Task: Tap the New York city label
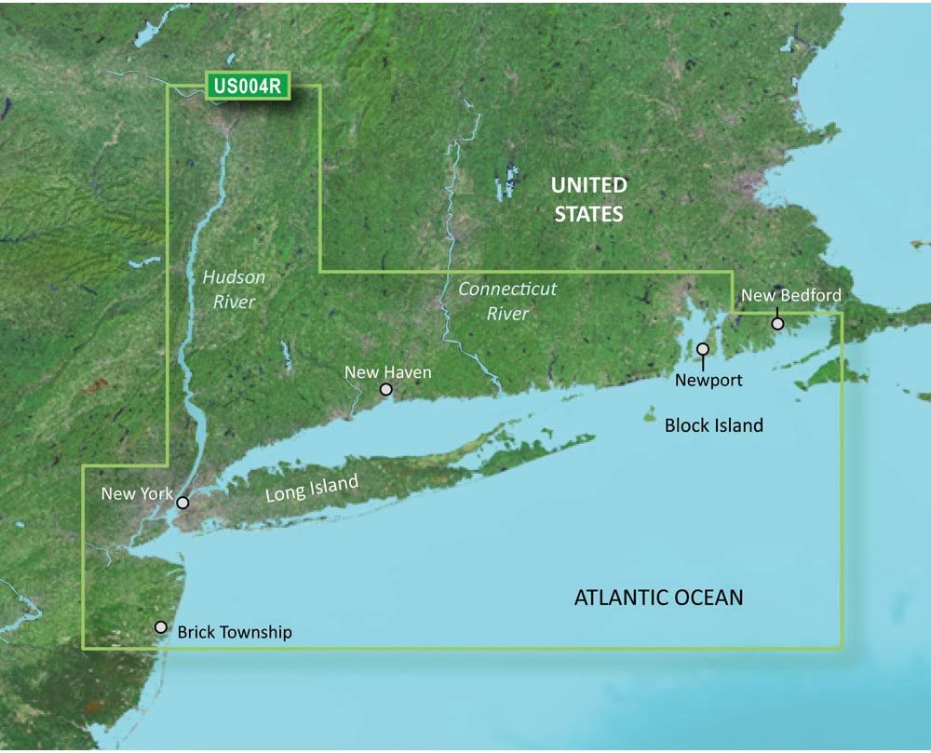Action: (x=137, y=493)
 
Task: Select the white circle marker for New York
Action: (x=183, y=503)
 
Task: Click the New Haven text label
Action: (x=388, y=372)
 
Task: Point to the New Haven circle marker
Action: (x=386, y=389)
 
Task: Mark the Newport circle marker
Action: (x=703, y=350)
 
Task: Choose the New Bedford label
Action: (x=790, y=296)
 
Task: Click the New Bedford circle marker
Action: (x=778, y=324)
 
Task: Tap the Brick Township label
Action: (x=235, y=633)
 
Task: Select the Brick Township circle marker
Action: (x=161, y=627)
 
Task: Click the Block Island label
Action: (x=714, y=425)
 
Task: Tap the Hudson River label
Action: (x=234, y=289)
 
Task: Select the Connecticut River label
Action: (x=507, y=301)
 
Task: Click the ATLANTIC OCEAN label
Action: (x=659, y=597)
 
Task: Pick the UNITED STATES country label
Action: (x=589, y=199)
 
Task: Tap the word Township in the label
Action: (x=255, y=633)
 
